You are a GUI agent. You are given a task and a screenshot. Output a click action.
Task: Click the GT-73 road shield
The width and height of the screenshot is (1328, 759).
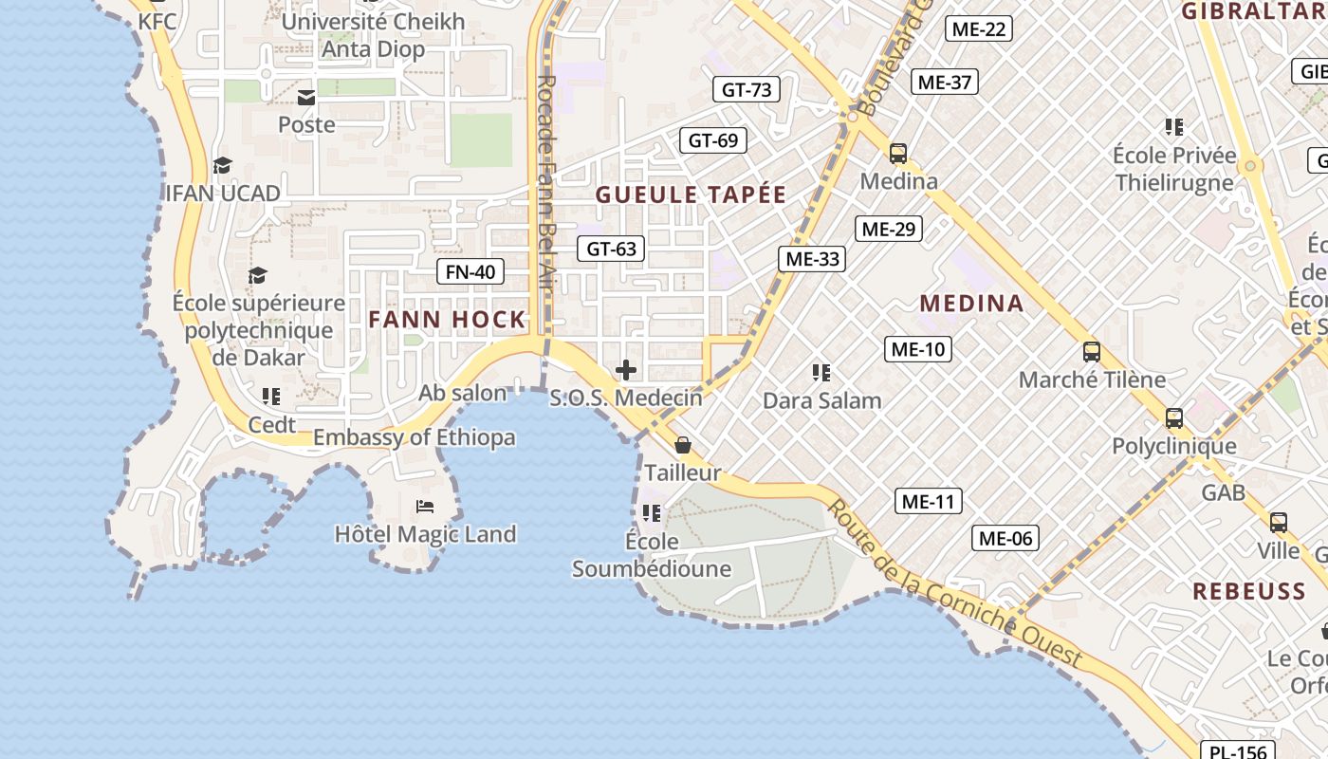[747, 90]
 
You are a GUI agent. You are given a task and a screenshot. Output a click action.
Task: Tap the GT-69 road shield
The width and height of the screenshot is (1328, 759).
[713, 141]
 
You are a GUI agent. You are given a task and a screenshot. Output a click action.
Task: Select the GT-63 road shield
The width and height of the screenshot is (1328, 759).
[611, 250]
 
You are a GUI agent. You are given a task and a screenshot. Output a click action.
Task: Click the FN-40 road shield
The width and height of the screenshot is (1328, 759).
[470, 272]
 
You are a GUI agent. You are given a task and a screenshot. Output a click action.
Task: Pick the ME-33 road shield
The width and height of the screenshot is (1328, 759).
[812, 259]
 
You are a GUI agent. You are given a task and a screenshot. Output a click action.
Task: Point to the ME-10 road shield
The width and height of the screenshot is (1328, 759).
[917, 349]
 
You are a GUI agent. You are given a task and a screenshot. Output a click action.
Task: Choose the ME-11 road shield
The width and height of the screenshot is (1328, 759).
[929, 501]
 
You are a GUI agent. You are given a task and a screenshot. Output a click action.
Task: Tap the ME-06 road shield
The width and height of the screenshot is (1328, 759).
[1005, 539]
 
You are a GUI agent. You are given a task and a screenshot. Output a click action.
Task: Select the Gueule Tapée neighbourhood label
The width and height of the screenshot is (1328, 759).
[691, 195]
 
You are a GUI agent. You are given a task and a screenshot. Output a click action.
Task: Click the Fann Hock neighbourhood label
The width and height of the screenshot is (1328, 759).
[447, 320]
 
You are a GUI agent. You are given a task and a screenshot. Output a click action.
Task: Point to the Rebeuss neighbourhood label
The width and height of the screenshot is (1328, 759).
[1249, 592]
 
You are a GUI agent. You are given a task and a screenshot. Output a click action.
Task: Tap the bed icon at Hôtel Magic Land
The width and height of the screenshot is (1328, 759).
[425, 507]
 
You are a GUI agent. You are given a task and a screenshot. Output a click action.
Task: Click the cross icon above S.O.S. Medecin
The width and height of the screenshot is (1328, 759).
[626, 370]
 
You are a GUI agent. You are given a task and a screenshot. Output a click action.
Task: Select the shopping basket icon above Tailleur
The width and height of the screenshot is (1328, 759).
[682, 445]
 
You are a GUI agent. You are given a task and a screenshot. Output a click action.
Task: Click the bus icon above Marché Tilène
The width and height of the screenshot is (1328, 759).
[1092, 352]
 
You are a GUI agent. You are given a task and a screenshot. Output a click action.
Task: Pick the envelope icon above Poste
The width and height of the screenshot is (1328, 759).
[306, 98]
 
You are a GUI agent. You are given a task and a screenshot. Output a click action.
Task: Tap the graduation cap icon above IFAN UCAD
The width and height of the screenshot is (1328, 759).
[222, 166]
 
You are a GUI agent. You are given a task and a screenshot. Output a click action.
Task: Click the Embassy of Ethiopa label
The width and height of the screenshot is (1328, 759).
[415, 438]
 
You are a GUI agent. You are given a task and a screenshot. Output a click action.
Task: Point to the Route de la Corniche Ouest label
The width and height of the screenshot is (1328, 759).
[953, 583]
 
